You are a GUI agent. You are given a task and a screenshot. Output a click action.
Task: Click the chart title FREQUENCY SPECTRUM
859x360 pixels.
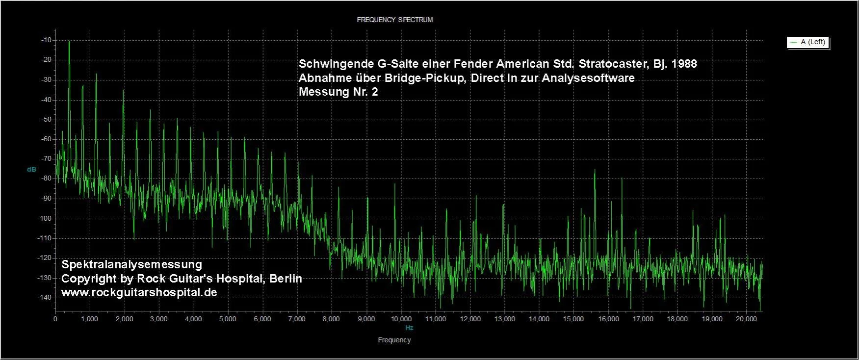click(x=394, y=20)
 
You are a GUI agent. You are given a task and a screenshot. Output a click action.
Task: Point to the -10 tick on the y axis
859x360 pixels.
click(x=47, y=40)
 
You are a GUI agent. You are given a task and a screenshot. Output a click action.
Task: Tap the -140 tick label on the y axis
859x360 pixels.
click(x=46, y=297)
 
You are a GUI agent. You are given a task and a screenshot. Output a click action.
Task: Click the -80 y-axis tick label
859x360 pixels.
click(x=47, y=179)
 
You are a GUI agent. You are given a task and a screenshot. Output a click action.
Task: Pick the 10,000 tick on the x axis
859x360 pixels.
click(x=401, y=319)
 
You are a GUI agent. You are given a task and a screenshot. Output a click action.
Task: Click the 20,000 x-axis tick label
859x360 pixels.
click(x=746, y=319)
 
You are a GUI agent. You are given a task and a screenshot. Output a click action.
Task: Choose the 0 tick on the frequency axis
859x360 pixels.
click(x=55, y=319)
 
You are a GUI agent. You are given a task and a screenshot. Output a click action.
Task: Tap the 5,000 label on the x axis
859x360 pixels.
click(x=228, y=319)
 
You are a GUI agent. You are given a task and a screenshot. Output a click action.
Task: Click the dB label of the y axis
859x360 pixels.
click(x=31, y=169)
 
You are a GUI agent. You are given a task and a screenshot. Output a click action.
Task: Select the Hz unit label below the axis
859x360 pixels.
click(x=409, y=328)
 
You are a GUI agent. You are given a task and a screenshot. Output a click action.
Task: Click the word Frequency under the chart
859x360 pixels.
click(x=394, y=340)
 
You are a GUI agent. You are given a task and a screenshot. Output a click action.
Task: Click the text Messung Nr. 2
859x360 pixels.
click(x=338, y=92)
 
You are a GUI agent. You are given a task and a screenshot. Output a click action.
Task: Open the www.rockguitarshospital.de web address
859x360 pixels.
click(x=139, y=292)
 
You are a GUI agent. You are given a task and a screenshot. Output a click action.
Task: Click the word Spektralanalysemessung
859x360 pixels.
click(x=131, y=264)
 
